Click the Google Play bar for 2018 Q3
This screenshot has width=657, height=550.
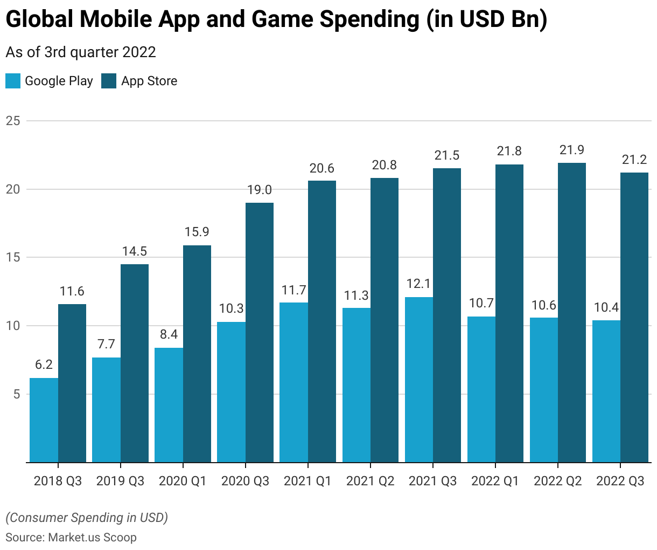coord(44,420)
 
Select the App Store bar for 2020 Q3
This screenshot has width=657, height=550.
coord(260,333)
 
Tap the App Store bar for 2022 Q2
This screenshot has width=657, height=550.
coord(572,313)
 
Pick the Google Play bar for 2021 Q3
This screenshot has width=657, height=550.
coord(419,380)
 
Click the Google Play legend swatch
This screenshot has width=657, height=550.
coord(13,81)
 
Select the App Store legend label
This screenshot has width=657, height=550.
coord(149,81)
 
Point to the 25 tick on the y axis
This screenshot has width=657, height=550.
coord(13,121)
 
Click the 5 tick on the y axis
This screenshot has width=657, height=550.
coord(16,394)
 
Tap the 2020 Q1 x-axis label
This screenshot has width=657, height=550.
coord(183,481)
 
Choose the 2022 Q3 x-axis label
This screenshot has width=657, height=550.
coord(620,481)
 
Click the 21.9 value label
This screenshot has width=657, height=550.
coord(572,150)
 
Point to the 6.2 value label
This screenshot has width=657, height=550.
coord(44,365)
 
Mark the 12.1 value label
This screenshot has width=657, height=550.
coord(419,284)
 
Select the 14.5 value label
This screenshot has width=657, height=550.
coord(134,251)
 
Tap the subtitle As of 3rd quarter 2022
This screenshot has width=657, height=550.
coord(81,52)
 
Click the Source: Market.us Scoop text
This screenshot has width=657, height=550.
coord(71,537)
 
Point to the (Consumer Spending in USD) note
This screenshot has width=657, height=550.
coord(87,518)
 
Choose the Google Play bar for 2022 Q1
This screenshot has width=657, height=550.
coord(481,389)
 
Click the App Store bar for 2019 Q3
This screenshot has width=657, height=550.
coord(135,363)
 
